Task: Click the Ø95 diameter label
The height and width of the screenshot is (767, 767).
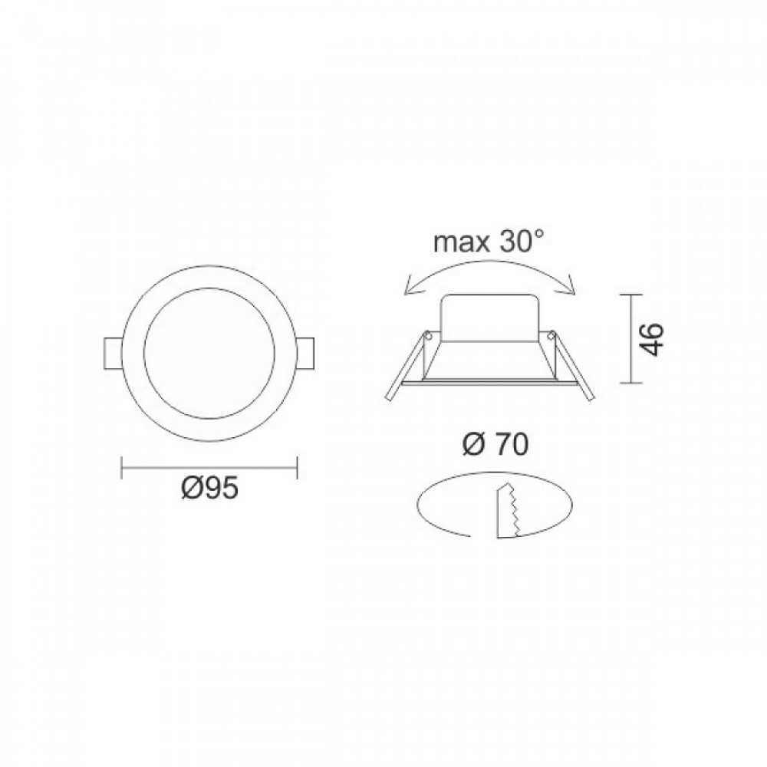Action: (x=209, y=489)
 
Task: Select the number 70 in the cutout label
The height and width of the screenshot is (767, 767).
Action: (x=511, y=444)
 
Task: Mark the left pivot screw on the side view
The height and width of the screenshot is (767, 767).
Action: (x=430, y=334)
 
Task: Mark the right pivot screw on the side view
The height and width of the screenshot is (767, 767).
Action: (x=551, y=334)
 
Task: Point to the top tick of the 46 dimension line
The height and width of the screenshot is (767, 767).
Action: (x=630, y=295)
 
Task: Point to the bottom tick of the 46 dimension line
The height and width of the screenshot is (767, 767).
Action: (x=630, y=381)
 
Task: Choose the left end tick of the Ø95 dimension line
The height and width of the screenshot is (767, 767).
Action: (x=122, y=466)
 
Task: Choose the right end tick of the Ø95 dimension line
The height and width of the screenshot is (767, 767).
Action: (x=297, y=466)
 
